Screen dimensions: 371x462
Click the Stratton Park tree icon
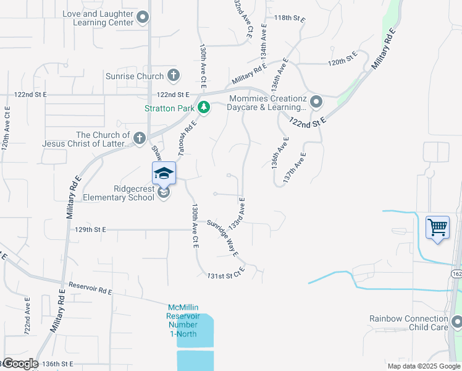(x=204, y=108)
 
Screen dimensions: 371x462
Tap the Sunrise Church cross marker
(x=174, y=76)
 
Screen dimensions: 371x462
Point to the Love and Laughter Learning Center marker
(x=143, y=17)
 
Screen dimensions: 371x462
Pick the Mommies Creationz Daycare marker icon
(x=316, y=101)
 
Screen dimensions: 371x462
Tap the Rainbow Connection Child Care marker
(x=456, y=322)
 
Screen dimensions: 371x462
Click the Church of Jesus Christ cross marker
(x=140, y=138)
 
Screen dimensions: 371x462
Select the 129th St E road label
(x=91, y=229)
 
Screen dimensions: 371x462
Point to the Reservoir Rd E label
(x=91, y=288)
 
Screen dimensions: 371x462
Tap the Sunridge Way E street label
(x=224, y=237)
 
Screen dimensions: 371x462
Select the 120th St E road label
(x=343, y=59)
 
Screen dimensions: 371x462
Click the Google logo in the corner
(x=21, y=364)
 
